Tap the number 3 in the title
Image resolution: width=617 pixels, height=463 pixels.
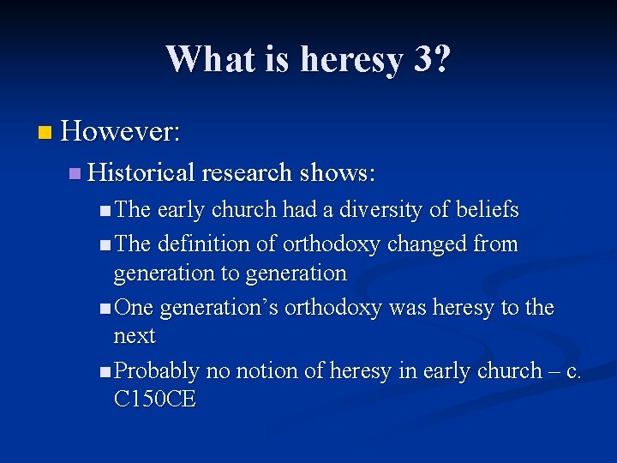[x=421, y=59]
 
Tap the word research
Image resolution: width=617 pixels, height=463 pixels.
[x=249, y=172]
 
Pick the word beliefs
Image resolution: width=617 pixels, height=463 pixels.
[x=487, y=210]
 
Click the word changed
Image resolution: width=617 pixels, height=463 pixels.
[x=427, y=244]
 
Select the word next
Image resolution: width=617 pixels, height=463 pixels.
[x=134, y=336]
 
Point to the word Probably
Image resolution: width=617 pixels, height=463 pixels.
[x=156, y=371]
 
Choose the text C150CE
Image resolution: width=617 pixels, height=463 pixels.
[x=154, y=400]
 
